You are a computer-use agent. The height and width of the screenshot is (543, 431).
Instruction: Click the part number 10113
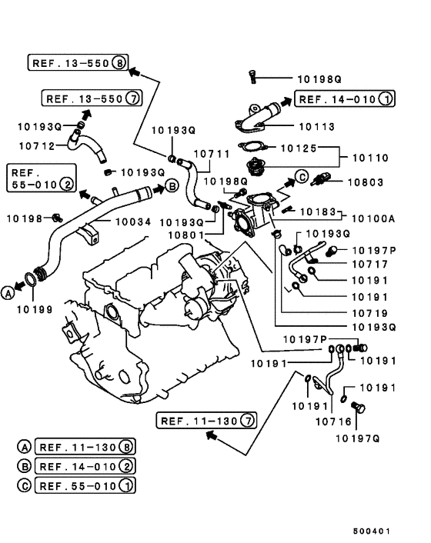tap(316, 127)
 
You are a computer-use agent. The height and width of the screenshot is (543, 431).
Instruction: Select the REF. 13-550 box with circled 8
tap(78, 62)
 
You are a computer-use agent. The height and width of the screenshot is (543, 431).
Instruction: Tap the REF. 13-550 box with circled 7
tap(92, 98)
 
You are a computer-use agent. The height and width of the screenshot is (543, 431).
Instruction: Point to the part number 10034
tap(133, 222)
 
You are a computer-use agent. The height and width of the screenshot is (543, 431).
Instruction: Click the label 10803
tap(366, 182)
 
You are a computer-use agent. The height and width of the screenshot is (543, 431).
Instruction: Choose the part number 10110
tap(370, 158)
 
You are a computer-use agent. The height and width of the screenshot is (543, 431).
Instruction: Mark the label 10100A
tap(373, 219)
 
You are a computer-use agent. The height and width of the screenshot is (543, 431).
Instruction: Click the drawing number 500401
tap(372, 531)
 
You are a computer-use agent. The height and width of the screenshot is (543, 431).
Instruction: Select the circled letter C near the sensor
tap(302, 177)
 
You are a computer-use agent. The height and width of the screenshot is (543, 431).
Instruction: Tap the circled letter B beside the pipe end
tap(172, 186)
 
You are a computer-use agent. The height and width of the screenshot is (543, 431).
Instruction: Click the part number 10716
tap(333, 421)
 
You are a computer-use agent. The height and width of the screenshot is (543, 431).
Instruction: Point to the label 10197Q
tap(358, 438)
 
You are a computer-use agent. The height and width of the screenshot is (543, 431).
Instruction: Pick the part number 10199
tap(35, 310)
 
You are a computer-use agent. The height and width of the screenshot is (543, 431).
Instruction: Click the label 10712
tap(37, 146)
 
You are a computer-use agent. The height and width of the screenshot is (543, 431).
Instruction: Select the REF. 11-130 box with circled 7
tap(206, 421)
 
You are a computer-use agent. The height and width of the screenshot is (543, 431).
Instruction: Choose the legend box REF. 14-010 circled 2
tap(85, 466)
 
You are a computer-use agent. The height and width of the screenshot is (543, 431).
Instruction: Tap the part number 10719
tap(369, 313)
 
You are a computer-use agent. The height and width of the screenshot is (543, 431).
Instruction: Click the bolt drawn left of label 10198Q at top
tap(252, 77)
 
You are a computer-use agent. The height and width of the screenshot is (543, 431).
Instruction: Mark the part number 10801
tap(186, 235)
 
